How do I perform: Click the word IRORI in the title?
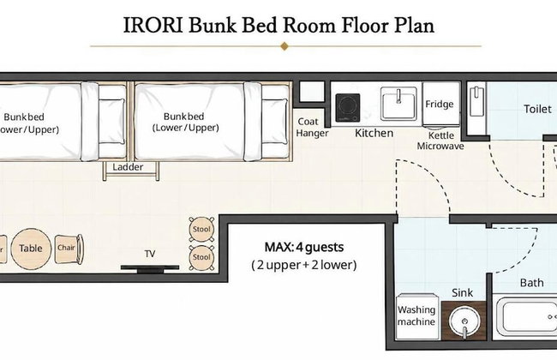point(153,26)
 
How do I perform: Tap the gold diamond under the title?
point(284,46)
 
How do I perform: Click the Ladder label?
point(128,167)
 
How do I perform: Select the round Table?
point(31,248)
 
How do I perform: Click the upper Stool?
point(201,229)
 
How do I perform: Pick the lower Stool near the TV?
point(201,257)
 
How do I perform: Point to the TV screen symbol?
point(150,267)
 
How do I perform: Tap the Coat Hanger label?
point(312,127)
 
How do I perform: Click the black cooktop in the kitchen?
point(348,107)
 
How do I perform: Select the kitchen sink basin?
point(398,104)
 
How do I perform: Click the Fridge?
point(440,104)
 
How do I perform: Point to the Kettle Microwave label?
point(440,141)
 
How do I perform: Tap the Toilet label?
point(538,109)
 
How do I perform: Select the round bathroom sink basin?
point(464,321)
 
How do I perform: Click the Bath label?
point(532,283)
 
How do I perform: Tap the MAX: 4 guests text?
point(304,247)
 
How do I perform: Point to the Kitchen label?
point(374,133)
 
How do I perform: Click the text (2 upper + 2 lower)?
point(304,265)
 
